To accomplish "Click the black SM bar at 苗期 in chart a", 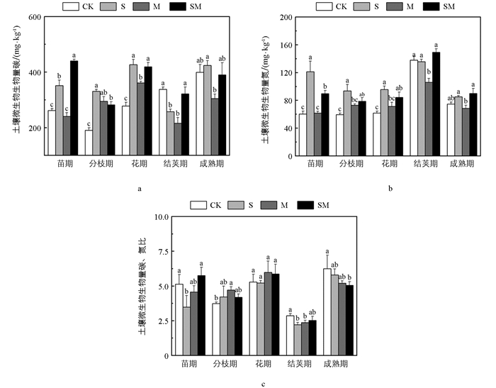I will [74, 106].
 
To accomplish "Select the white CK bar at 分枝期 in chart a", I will [89, 141].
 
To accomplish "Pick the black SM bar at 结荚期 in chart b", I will [436, 102].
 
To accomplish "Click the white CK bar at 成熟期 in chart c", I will [327, 312].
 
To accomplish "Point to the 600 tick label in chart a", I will [31, 18].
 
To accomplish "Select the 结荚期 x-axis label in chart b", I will [424, 162].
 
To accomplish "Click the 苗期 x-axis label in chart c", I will [188, 365].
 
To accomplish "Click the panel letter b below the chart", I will [390, 189].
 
